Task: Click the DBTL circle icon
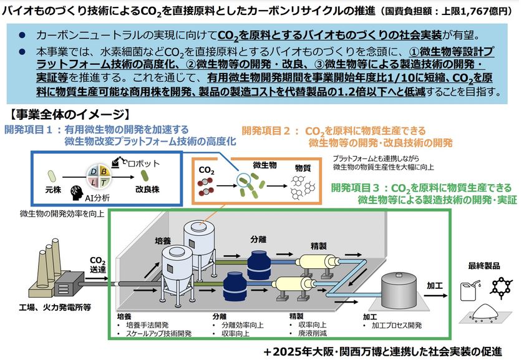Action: (99, 177)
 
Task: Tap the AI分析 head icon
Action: (77, 193)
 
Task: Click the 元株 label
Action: (53, 190)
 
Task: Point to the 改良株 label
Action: (147, 190)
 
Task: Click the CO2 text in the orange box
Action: (206, 170)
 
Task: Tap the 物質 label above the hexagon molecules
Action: (303, 168)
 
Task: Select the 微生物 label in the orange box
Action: (264, 165)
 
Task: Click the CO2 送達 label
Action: (97, 265)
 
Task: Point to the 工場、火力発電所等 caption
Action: (54, 307)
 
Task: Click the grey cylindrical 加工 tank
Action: (399, 290)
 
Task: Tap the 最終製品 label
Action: (484, 266)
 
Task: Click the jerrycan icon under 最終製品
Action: (470, 291)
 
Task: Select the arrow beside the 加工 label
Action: (436, 296)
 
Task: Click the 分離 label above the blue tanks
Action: (258, 240)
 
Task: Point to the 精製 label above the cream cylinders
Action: (319, 246)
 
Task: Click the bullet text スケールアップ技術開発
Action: (158, 333)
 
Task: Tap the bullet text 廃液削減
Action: (313, 333)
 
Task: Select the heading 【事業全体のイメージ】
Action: (69, 115)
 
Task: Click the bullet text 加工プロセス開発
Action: (397, 325)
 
